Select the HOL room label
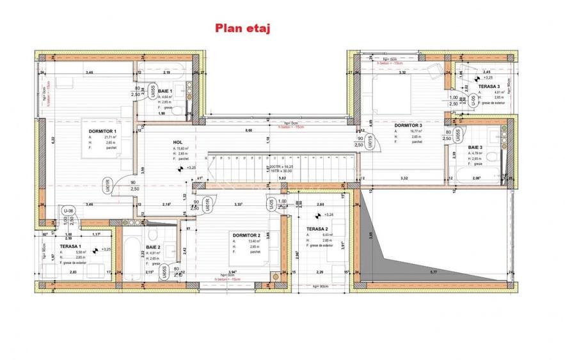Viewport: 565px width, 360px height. (179, 143)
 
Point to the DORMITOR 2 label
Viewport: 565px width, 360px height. (246, 235)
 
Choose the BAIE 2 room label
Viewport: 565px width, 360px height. (153, 247)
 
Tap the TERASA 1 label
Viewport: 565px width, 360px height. (70, 246)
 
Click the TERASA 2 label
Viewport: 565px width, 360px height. (317, 229)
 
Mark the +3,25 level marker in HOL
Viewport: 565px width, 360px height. (189, 168)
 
